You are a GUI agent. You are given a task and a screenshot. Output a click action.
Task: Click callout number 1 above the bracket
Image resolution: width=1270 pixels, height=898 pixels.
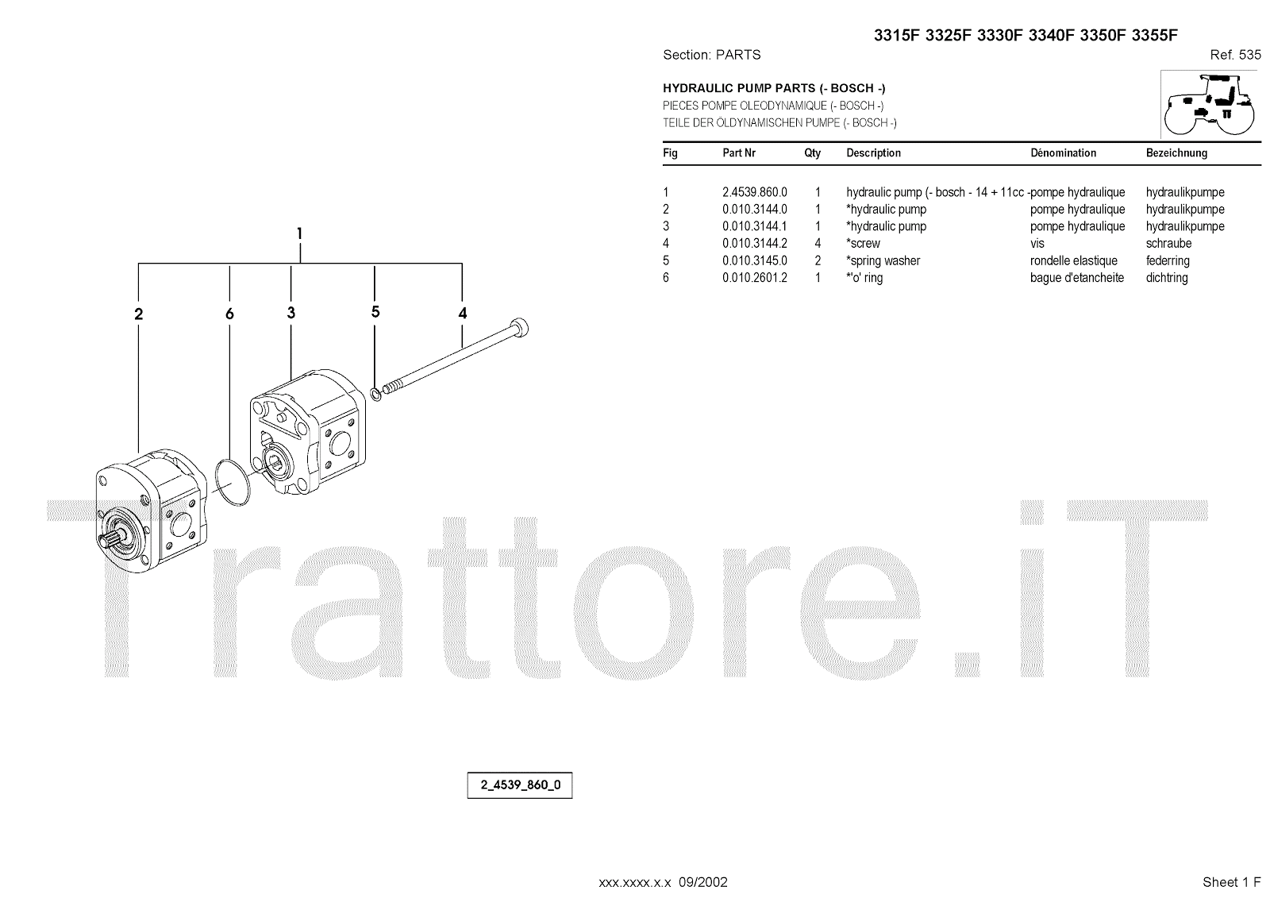pyautogui.click(x=299, y=233)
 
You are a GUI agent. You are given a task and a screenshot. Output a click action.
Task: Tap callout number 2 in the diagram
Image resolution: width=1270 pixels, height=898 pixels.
pyautogui.click(x=139, y=314)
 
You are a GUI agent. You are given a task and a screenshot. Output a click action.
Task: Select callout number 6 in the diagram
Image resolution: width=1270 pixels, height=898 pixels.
pyautogui.click(x=229, y=314)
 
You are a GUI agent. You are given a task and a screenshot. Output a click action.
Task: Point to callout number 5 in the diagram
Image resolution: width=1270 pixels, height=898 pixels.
pyautogui.click(x=375, y=312)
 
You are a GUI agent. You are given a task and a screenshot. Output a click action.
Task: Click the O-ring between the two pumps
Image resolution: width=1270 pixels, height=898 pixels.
pyautogui.click(x=233, y=480)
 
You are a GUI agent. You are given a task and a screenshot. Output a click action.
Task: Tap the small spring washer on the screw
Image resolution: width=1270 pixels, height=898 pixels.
pyautogui.click(x=375, y=394)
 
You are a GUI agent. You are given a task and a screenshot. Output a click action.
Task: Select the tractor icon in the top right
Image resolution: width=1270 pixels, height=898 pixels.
pyautogui.click(x=1210, y=104)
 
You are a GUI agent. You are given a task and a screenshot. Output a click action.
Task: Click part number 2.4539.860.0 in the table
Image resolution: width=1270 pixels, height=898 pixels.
pyautogui.click(x=754, y=192)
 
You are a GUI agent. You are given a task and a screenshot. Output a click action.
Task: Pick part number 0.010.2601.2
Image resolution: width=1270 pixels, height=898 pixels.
pyautogui.click(x=754, y=278)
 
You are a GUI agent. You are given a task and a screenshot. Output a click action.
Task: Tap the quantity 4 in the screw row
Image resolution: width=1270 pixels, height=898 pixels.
pyautogui.click(x=818, y=244)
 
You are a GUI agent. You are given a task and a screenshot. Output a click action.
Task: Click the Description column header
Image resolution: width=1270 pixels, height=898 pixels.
pyautogui.click(x=873, y=153)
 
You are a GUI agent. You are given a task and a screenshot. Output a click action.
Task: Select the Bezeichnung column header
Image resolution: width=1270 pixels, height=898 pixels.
pyautogui.click(x=1176, y=153)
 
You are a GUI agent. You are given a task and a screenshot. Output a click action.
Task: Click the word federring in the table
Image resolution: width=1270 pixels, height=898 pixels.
pyautogui.click(x=1168, y=261)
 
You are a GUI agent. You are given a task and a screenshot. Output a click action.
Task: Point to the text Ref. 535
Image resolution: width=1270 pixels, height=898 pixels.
pyautogui.click(x=1235, y=55)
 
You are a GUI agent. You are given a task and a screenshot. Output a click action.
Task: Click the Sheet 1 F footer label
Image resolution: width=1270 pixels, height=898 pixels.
pyautogui.click(x=1231, y=882)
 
